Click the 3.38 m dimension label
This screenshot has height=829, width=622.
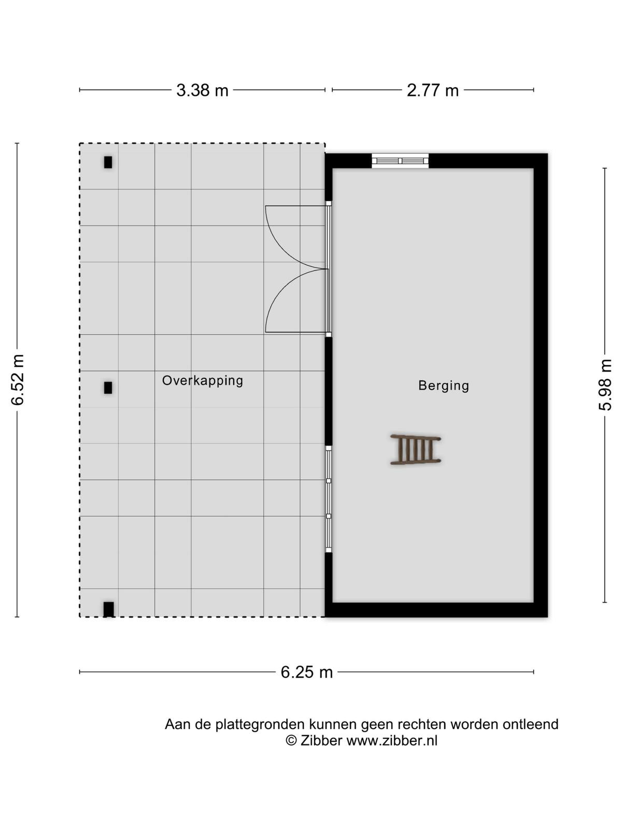pos(202,91)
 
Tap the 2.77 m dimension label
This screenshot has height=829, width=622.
pos(432,91)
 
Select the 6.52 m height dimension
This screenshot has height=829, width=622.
pos(18,380)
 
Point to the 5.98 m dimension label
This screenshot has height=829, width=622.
pos(604,384)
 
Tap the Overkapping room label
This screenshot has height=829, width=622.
pos(203,381)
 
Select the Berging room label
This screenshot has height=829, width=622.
pos(443,385)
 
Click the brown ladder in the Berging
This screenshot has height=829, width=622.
pos(415,449)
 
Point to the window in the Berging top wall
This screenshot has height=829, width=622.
pos(400,161)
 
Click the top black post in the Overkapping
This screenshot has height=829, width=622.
pos(108,162)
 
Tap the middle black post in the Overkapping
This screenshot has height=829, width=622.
pos(108,388)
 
